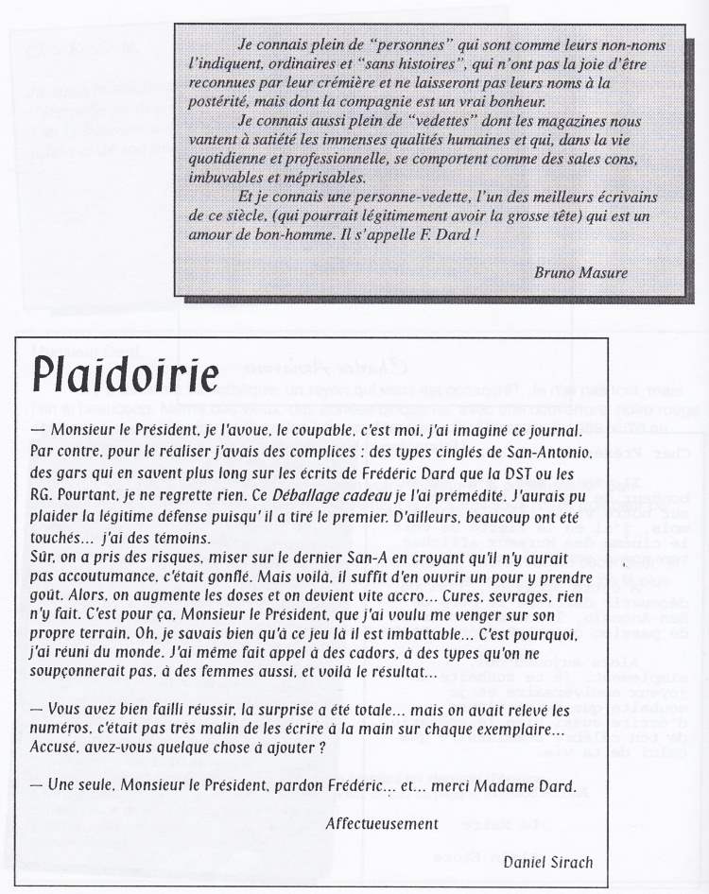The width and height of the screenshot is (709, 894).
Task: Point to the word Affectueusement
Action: [x=382, y=823]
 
